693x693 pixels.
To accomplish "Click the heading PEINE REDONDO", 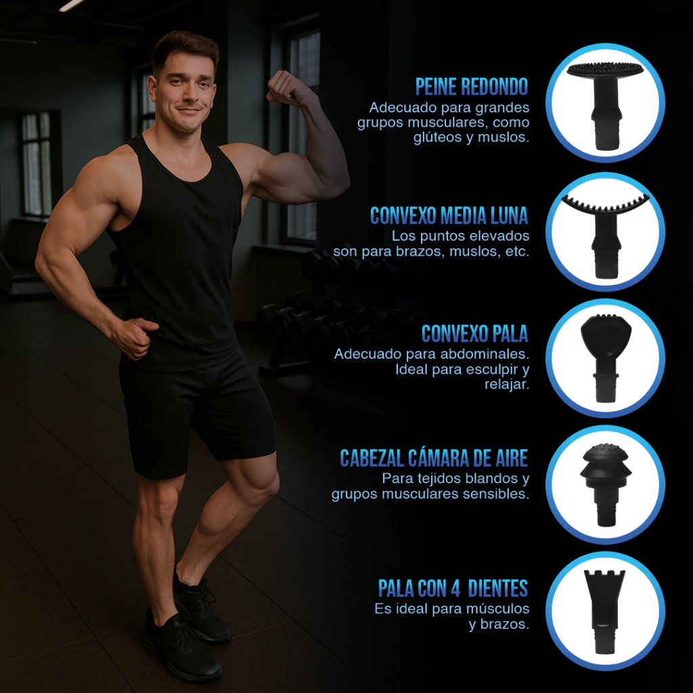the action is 472,87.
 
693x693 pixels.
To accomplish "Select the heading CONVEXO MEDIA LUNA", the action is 449,216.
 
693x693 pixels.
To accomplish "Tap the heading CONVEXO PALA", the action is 474,334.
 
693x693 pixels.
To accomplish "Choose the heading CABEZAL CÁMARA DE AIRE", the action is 434,458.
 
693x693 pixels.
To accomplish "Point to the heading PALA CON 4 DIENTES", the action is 453,588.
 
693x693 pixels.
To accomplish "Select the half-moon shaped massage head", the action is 605,234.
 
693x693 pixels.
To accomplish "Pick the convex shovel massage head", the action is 606,357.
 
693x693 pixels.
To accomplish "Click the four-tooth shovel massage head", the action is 604,611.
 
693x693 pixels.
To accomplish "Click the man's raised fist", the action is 284,85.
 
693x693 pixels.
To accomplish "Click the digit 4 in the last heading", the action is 455,588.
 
